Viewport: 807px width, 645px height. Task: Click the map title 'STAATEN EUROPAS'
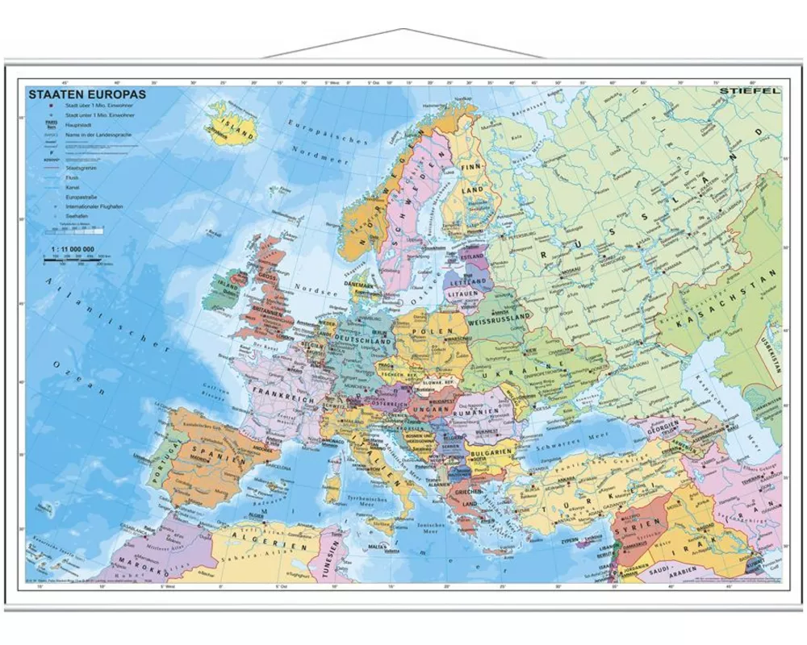pos(80,94)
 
